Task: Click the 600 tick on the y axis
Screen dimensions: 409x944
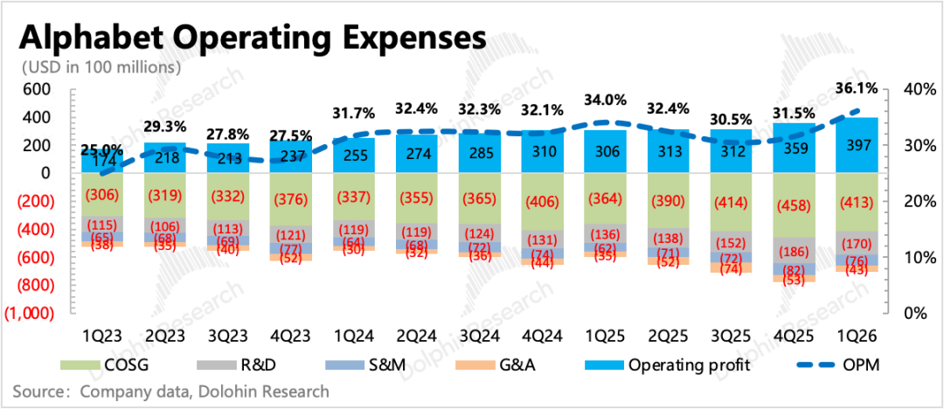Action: click(38, 89)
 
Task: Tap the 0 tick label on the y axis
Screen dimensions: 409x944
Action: click(45, 173)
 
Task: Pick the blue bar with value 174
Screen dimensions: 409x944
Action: click(102, 162)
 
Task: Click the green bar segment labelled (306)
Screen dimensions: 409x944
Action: click(102, 194)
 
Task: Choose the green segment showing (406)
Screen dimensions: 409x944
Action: click(543, 201)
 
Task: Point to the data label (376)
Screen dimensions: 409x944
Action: click(291, 198)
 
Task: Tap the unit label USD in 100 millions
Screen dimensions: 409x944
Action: click(101, 67)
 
